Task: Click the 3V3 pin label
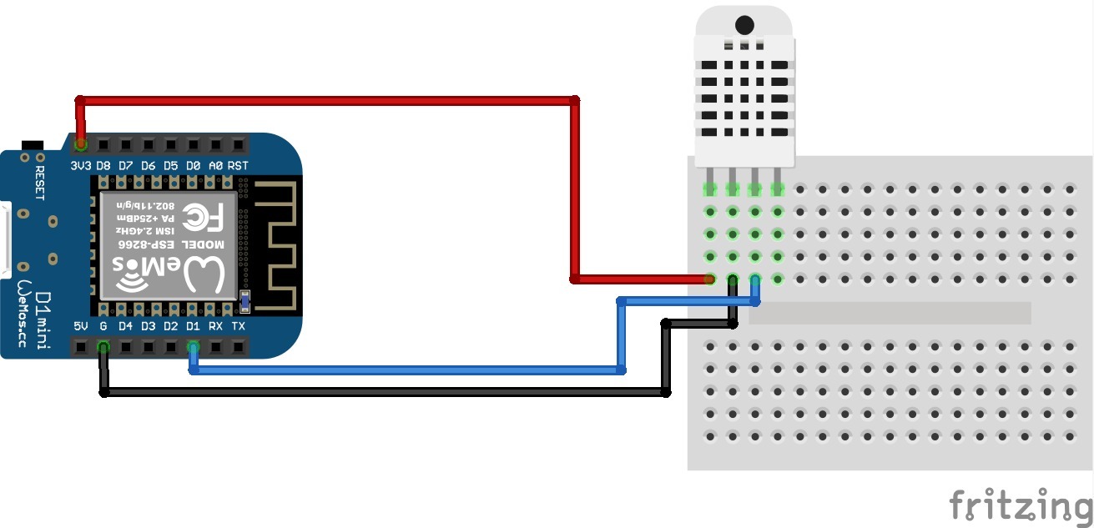(x=81, y=165)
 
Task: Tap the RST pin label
(x=238, y=165)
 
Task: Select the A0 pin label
(x=215, y=165)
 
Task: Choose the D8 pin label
(x=103, y=165)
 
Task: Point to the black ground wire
(x=384, y=392)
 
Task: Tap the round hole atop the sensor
(x=745, y=25)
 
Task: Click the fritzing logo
(x=1021, y=505)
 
